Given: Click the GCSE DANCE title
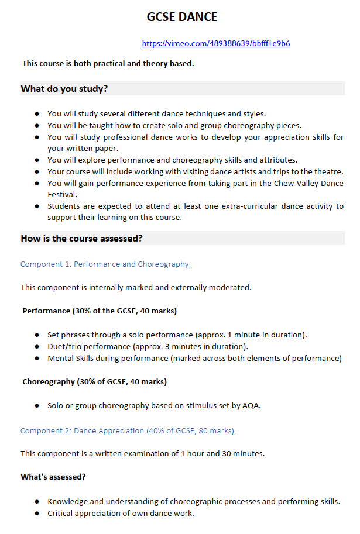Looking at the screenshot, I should (x=182, y=17).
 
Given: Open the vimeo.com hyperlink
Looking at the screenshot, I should (x=215, y=43).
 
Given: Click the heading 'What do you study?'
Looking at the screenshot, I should (x=64, y=89).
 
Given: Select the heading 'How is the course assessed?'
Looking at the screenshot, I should (x=82, y=239).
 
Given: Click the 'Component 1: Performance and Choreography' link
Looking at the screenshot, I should (x=104, y=264).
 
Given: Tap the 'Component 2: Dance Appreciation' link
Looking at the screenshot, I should (x=127, y=431).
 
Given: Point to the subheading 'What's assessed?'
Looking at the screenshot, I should (x=53, y=477).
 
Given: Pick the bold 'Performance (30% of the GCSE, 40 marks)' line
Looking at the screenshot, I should (x=100, y=311).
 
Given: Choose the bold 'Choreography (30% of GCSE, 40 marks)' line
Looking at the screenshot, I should (x=94, y=382).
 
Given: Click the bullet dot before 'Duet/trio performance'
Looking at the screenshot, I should (x=37, y=347).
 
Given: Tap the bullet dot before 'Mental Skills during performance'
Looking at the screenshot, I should (x=37, y=359).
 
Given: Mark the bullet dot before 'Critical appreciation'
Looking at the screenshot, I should (x=37, y=514).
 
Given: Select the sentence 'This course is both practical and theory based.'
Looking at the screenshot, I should (x=108, y=63).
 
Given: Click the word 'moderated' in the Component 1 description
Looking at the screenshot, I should (x=231, y=288).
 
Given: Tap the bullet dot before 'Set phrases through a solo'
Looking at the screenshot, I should (x=37, y=335).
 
